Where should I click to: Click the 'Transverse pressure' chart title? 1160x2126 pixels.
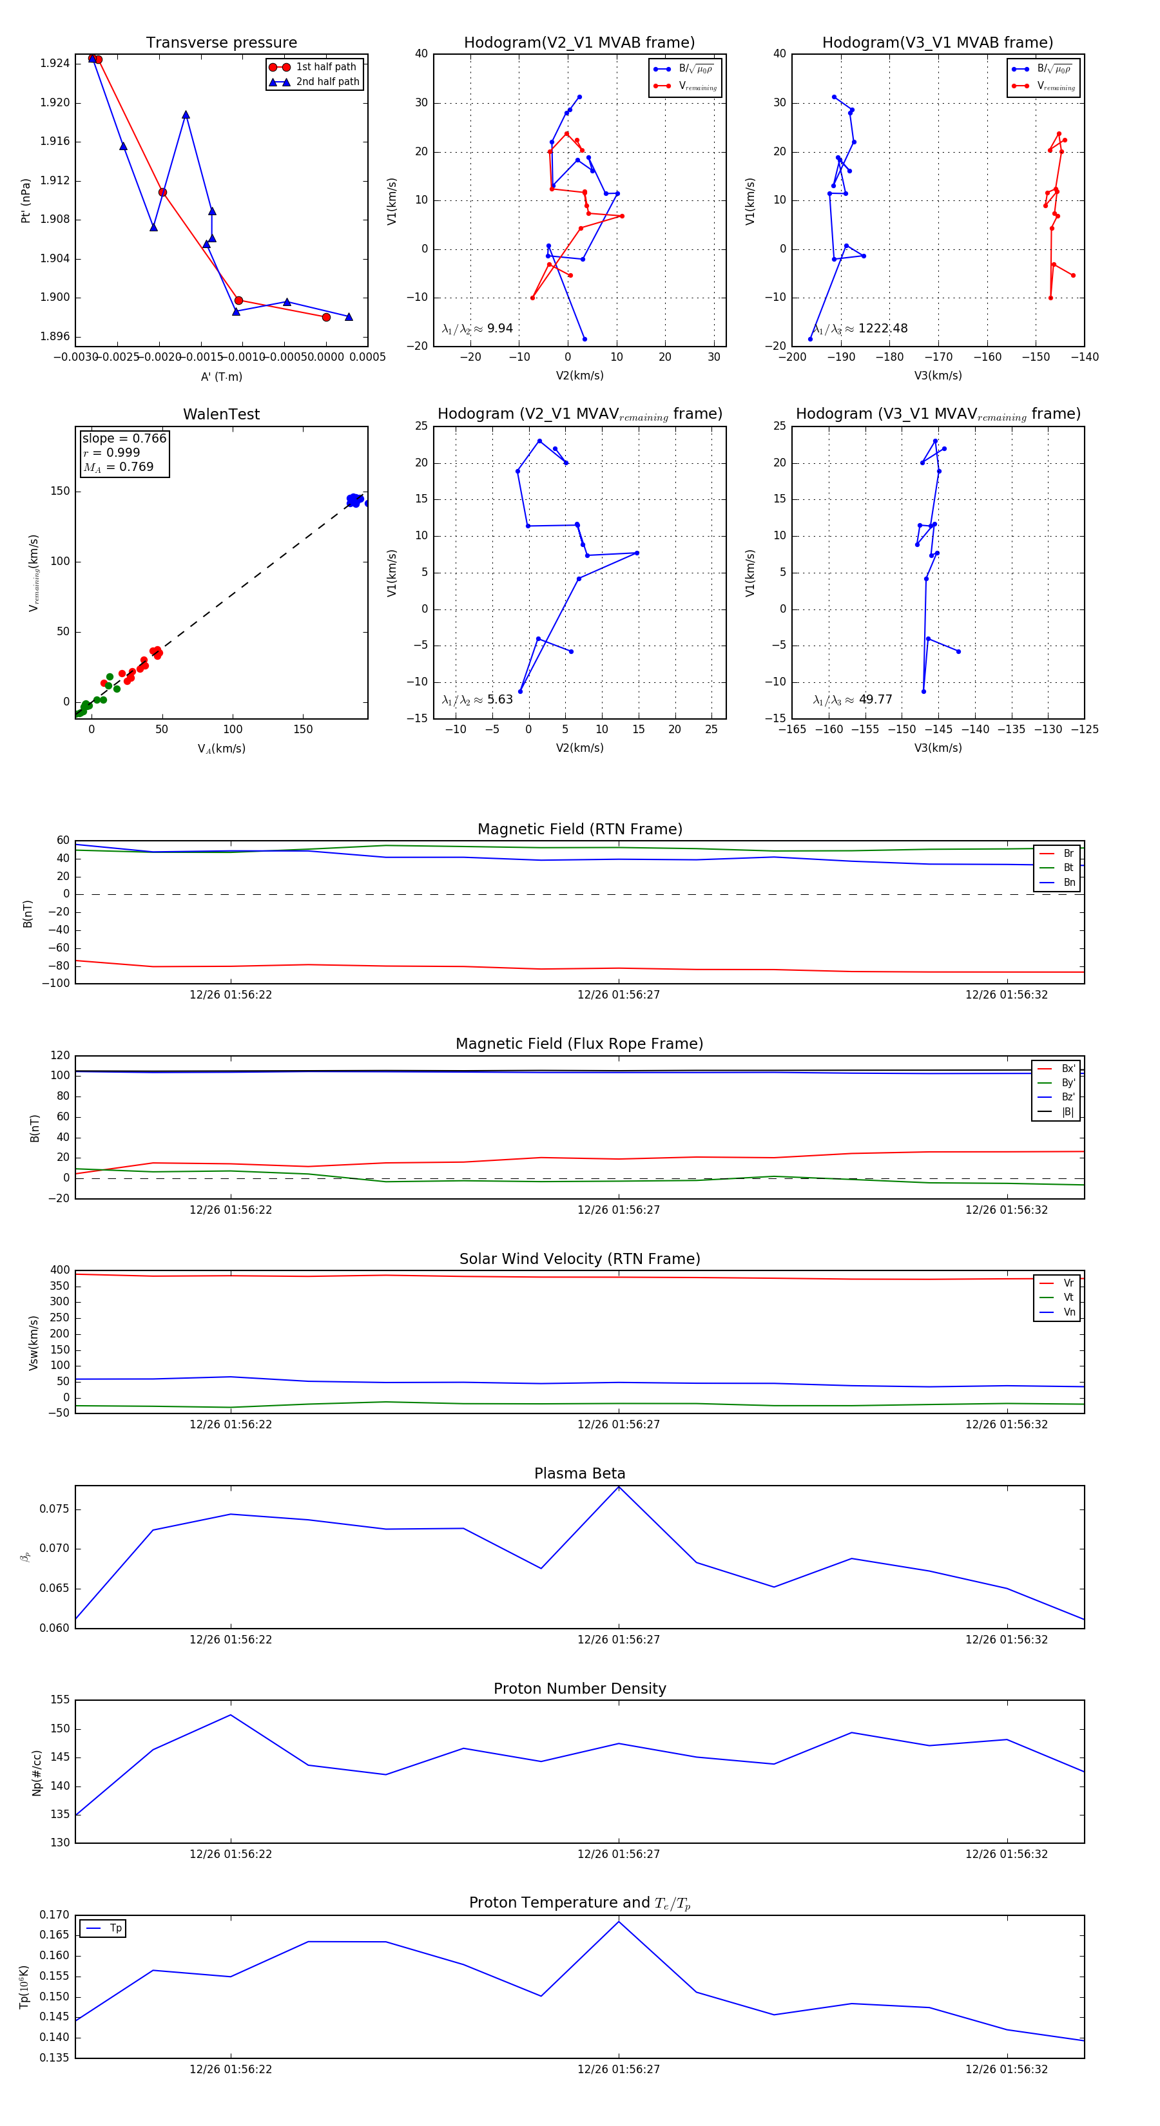pyautogui.click(x=221, y=43)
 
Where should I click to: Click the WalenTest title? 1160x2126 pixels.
pyautogui.click(x=221, y=414)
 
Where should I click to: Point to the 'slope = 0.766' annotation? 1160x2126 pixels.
pyautogui.click(x=124, y=438)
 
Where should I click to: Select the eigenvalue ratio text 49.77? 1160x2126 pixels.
pyautogui.click(x=875, y=700)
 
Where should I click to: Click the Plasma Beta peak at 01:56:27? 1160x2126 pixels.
pyautogui.click(x=619, y=1487)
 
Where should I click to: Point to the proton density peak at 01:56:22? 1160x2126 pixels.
pyautogui.click(x=230, y=1715)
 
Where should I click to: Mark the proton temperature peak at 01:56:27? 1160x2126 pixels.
pyautogui.click(x=619, y=1921)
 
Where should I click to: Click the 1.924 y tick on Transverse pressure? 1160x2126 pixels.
pyautogui.click(x=55, y=64)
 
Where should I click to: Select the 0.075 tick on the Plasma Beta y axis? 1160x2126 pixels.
pyautogui.click(x=55, y=1509)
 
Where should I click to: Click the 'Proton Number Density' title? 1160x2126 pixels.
pyautogui.click(x=579, y=1689)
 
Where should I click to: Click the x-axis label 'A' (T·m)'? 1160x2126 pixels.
pyautogui.click(x=221, y=377)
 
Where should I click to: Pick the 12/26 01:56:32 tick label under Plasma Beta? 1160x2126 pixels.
pyautogui.click(x=1007, y=1640)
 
